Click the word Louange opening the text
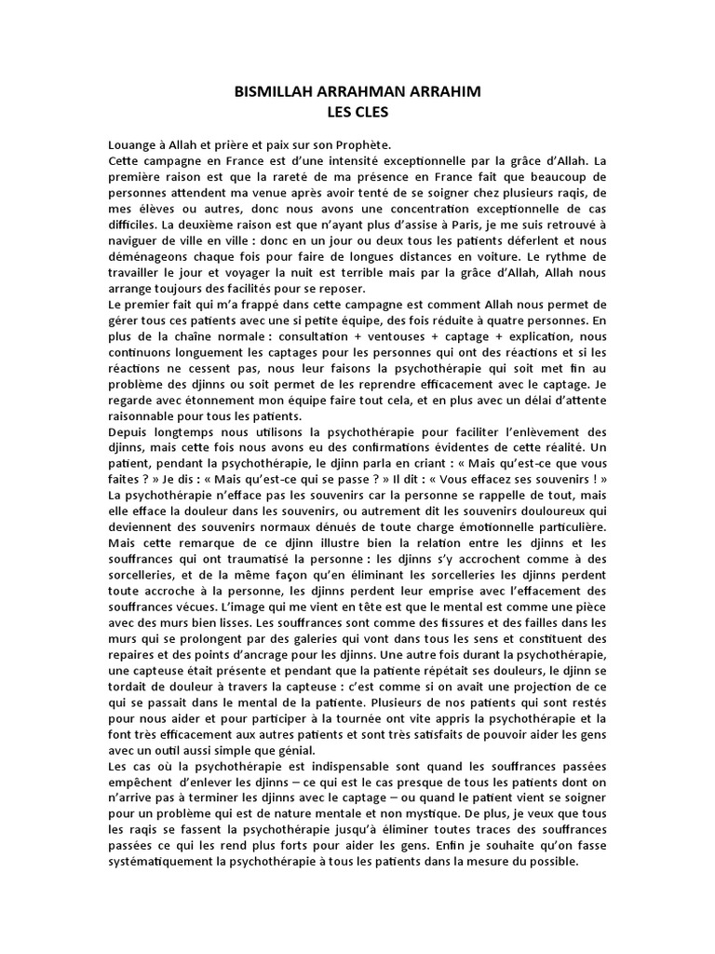[133, 145]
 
